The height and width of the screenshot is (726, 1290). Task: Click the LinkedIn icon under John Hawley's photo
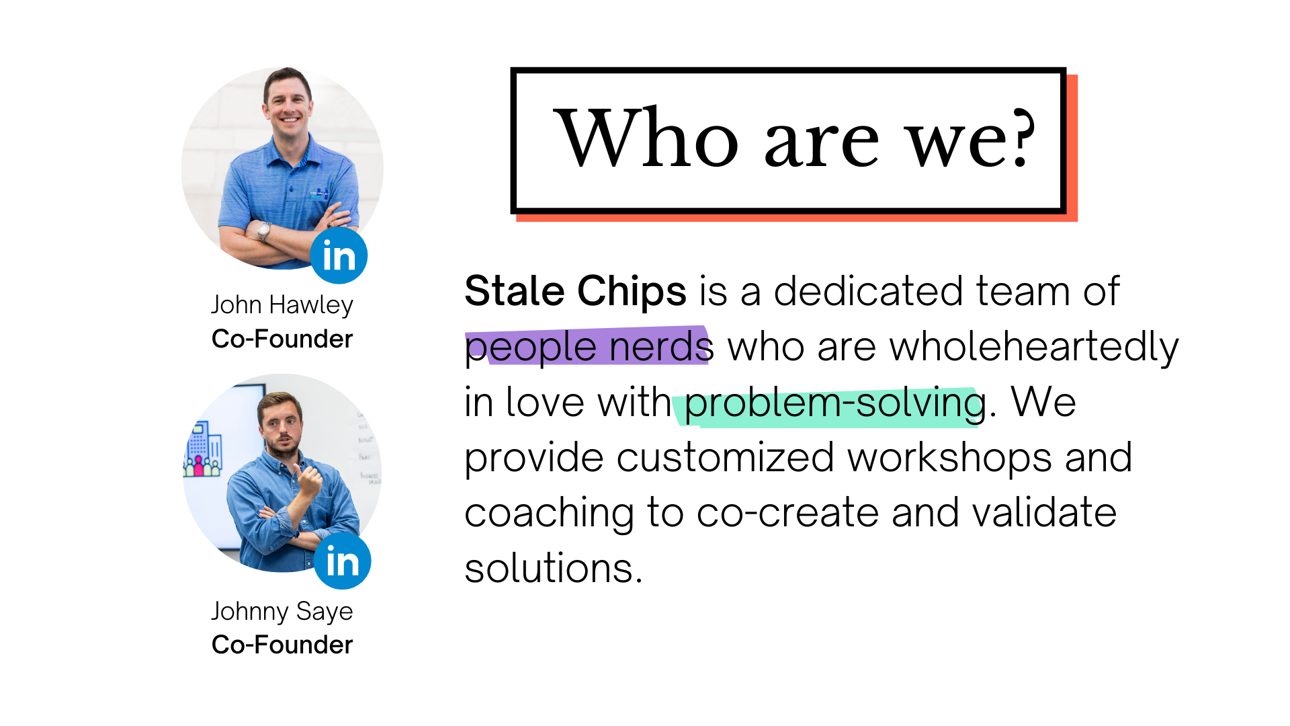point(339,255)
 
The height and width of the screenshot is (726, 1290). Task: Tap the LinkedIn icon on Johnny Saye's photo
point(343,561)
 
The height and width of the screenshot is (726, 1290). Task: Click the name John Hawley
point(282,305)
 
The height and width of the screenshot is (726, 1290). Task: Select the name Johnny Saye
point(282,612)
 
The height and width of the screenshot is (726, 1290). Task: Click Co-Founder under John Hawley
point(282,339)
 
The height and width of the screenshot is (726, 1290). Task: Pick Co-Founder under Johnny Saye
point(282,645)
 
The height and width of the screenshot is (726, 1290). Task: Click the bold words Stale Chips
point(576,291)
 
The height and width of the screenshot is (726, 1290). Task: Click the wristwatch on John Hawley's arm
point(264,231)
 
